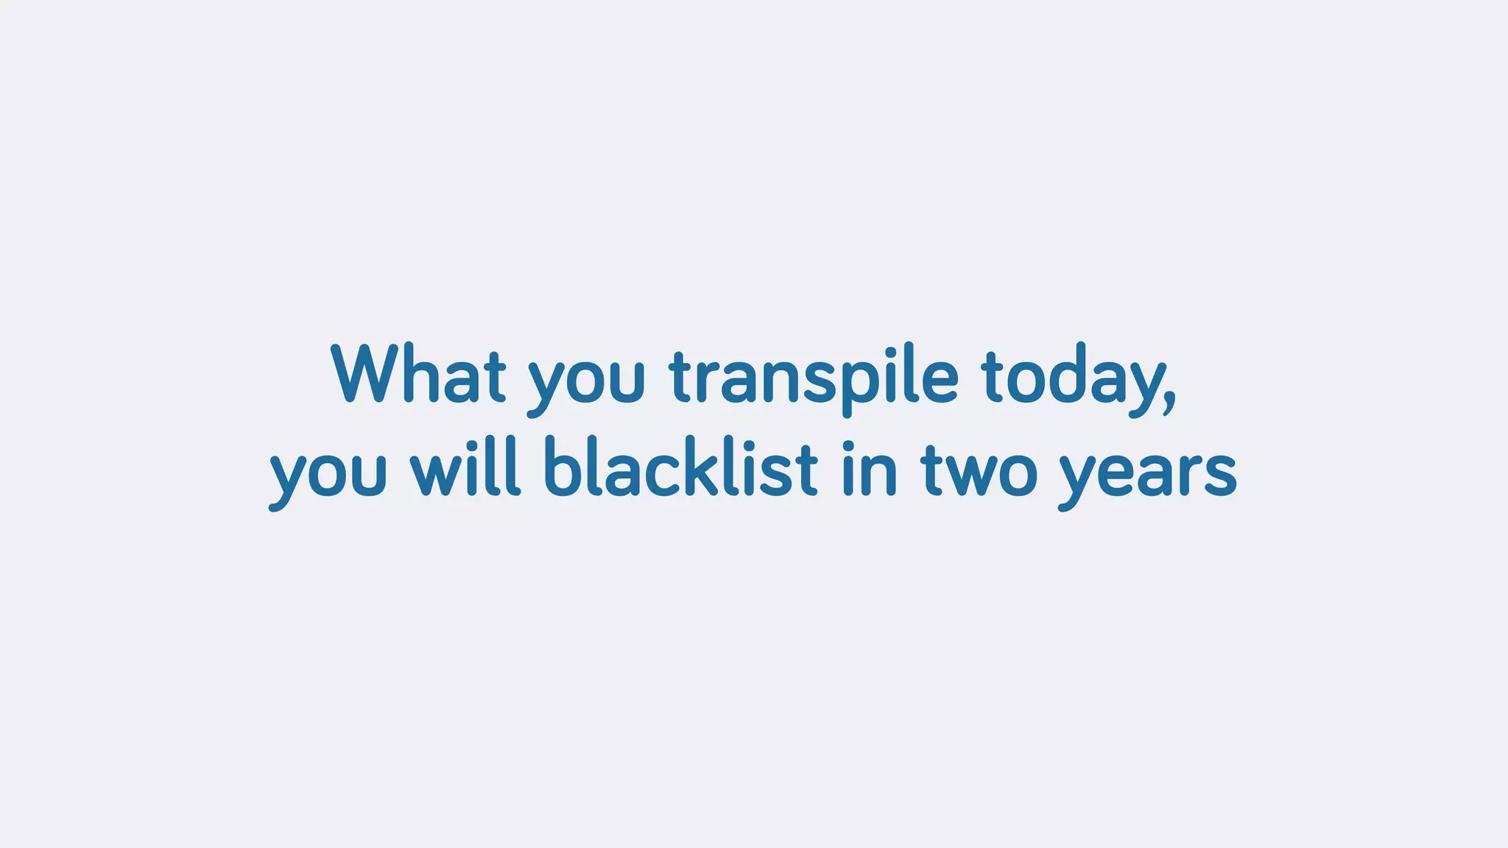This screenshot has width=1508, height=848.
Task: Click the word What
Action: pyautogui.click(x=418, y=375)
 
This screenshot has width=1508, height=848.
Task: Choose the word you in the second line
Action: pyautogui.click(x=328, y=475)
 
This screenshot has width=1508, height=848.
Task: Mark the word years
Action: pyautogui.click(x=1147, y=475)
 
